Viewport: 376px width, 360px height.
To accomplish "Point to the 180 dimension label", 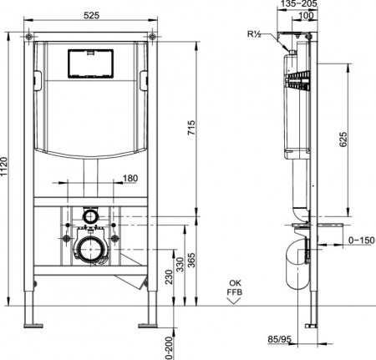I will click(x=130, y=178).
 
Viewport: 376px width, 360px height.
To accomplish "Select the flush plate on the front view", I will click(x=90, y=63).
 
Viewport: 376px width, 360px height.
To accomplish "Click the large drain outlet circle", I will click(x=90, y=246).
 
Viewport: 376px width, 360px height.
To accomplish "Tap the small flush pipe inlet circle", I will click(x=89, y=217).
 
